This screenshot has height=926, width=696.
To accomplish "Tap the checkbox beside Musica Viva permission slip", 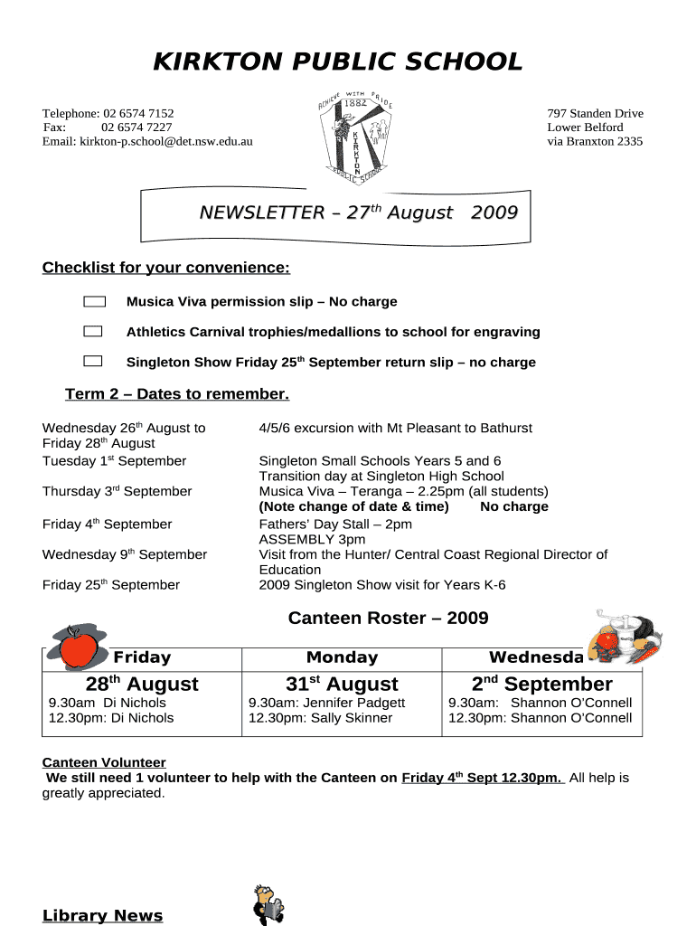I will click(94, 301).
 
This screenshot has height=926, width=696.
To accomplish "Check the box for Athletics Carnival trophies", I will click(93, 331).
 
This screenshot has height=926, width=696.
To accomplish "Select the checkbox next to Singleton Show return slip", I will click(93, 362).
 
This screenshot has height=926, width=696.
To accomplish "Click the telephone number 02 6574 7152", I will click(138, 113).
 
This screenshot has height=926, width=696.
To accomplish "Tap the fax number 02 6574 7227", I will click(136, 128).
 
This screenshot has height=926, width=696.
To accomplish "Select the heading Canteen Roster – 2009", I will click(388, 618).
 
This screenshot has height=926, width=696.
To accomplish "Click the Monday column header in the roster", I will click(342, 657).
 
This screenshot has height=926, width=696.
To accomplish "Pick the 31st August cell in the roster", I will click(342, 684).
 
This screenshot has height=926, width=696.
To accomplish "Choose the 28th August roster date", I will click(142, 684).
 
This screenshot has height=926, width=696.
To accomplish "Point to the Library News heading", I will click(102, 915).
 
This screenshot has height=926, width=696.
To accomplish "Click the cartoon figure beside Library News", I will click(268, 904).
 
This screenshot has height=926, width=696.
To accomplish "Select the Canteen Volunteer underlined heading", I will click(104, 762).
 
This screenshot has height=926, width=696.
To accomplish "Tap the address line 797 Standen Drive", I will click(595, 113).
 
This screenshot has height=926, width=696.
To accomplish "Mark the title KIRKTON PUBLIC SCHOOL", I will click(337, 61).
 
